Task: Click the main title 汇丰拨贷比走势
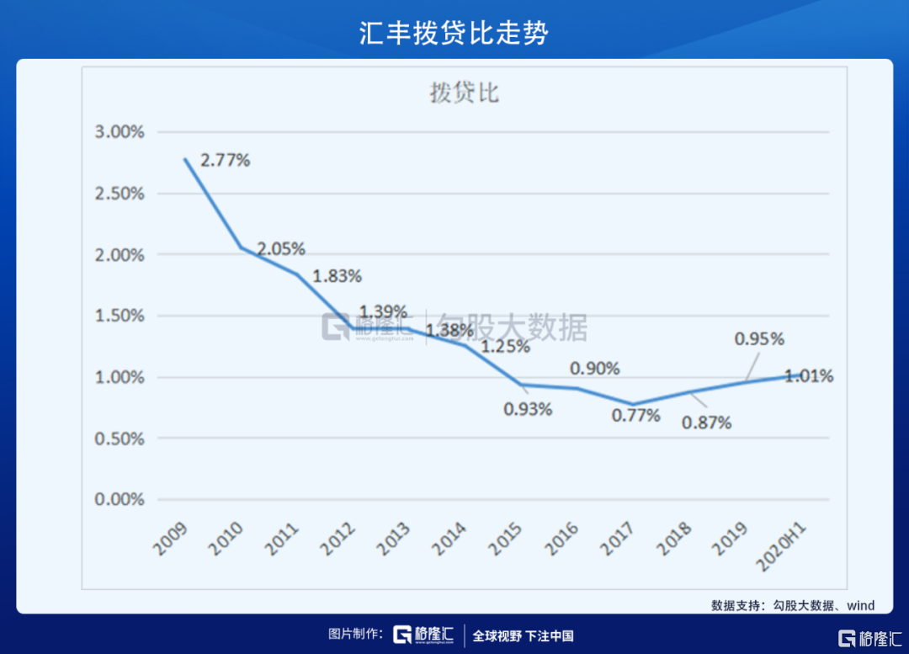click(x=454, y=33)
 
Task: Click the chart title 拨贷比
click(x=464, y=93)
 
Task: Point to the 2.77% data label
click(x=225, y=160)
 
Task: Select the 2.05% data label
click(x=281, y=249)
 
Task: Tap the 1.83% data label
click(x=337, y=275)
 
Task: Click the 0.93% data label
click(x=528, y=409)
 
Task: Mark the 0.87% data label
click(x=707, y=423)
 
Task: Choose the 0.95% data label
click(x=759, y=339)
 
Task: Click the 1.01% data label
click(x=809, y=376)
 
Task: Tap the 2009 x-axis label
click(x=171, y=539)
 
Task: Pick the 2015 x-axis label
click(x=506, y=539)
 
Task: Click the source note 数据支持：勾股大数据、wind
click(x=792, y=604)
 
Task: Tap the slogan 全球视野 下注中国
click(x=523, y=635)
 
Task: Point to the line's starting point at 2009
click(x=185, y=159)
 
